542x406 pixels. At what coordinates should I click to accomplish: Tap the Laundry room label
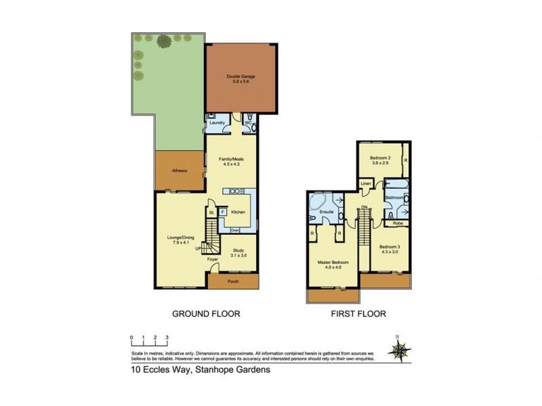click(217, 122)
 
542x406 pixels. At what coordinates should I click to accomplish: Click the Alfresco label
click(179, 171)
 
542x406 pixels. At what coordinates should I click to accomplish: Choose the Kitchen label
click(237, 212)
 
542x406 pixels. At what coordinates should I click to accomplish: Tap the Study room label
click(237, 252)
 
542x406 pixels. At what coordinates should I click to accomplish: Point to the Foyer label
click(213, 258)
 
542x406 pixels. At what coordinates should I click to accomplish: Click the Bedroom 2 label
click(383, 160)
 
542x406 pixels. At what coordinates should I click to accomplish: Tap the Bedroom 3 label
click(390, 248)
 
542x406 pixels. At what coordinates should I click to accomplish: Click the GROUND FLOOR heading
click(207, 314)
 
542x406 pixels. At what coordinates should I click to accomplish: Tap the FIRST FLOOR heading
click(358, 314)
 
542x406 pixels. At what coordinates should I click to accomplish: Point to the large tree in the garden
click(163, 41)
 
